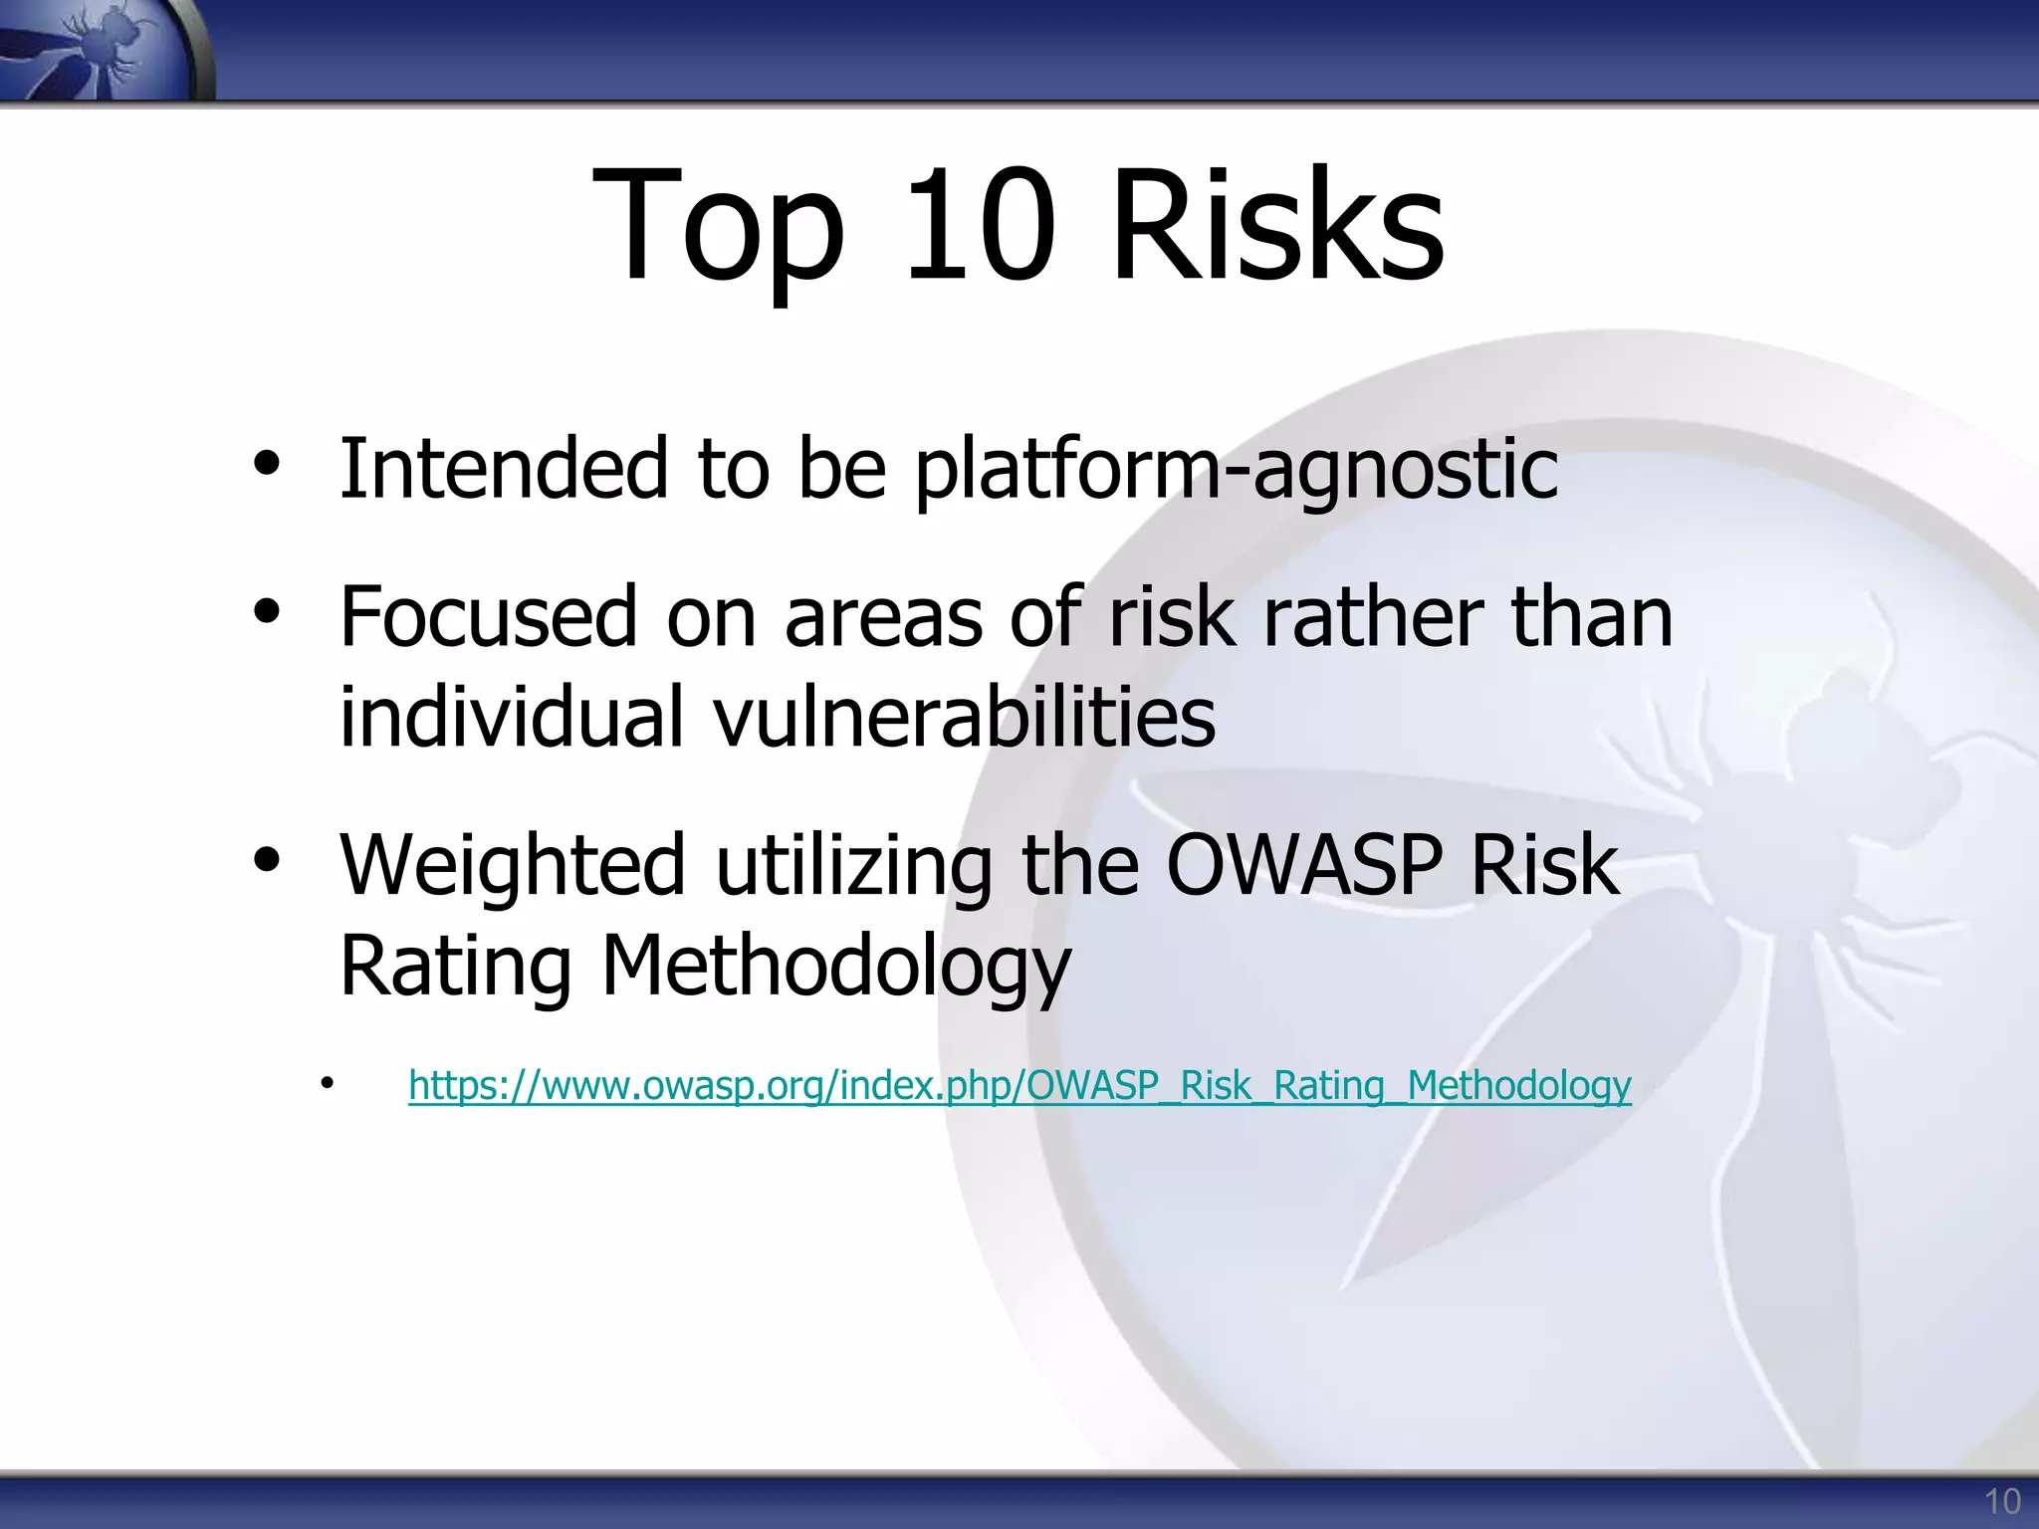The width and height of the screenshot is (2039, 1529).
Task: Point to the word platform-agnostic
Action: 1236,470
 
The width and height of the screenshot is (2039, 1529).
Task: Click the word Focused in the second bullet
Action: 488,617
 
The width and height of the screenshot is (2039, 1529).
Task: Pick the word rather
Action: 1373,617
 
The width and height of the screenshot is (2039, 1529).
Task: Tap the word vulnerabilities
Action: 965,717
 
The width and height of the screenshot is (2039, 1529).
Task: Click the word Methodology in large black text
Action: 836,966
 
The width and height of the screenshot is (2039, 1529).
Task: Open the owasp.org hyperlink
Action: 1019,1085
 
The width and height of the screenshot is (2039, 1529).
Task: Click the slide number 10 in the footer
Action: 2002,1501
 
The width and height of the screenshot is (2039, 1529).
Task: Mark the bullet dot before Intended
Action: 267,464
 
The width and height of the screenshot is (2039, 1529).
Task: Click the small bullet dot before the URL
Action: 327,1083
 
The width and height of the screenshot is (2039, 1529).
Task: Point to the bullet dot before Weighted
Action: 267,860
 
